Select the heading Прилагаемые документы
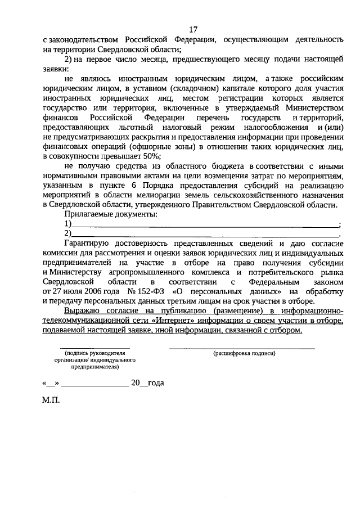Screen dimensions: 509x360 (111, 214)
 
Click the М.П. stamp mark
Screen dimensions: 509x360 (49, 402)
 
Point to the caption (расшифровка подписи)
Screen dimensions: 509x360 (244, 354)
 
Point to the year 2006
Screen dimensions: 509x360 (93, 291)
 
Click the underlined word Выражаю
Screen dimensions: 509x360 (83, 311)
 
